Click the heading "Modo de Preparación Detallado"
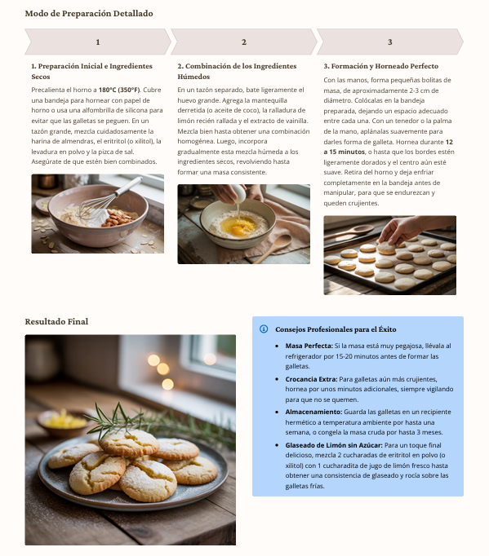click(88, 14)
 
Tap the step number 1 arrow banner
click(98, 42)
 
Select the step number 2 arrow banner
click(243, 42)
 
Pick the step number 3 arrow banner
click(389, 42)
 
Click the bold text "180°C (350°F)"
click(119, 89)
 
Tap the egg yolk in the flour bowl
click(236, 228)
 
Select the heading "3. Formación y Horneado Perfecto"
click(380, 66)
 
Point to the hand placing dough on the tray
click(406, 229)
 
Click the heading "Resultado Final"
click(56, 322)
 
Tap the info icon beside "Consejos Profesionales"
click(264, 329)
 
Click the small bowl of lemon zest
click(62, 421)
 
